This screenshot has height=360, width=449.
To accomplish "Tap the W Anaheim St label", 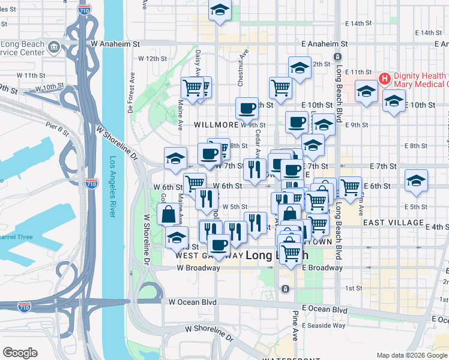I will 115,44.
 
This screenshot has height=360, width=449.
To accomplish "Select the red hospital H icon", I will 385,78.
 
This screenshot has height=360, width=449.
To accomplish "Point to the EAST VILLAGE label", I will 393,223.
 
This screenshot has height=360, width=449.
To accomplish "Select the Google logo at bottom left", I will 20,352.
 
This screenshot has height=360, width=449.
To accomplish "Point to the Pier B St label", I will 59,127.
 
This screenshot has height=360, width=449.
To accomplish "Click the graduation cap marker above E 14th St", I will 220,10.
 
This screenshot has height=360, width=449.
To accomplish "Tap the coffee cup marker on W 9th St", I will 247,109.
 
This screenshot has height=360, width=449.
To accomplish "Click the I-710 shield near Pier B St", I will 91,183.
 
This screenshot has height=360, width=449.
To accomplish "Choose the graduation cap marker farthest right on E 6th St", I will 415,181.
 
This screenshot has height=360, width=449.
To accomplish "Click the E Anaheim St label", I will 324,44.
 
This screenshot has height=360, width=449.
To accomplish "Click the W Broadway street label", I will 198,268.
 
